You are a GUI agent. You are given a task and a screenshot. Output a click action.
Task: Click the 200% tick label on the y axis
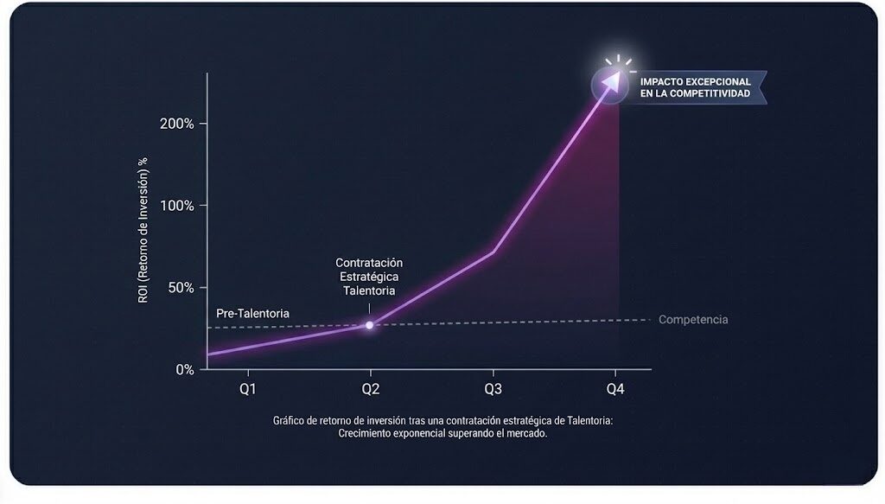[x=177, y=124]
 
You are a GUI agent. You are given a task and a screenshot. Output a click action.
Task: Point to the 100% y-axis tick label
[x=177, y=206]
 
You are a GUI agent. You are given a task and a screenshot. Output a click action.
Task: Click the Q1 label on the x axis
[x=247, y=389]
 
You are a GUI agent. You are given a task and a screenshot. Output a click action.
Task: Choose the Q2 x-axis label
[x=370, y=389]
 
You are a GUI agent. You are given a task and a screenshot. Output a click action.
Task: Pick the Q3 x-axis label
[x=493, y=389]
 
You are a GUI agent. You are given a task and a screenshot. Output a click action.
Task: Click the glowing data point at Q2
[x=370, y=325]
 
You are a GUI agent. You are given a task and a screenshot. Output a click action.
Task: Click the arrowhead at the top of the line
[x=613, y=80]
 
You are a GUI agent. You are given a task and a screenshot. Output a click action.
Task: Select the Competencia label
[x=693, y=320]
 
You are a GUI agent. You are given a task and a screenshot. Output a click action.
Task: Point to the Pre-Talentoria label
[x=252, y=313]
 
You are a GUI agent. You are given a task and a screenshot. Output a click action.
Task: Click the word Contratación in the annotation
[x=369, y=263]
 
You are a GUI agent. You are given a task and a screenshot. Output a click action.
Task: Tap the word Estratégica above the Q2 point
[x=369, y=277]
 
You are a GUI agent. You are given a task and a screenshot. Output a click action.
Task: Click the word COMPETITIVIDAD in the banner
[x=714, y=93]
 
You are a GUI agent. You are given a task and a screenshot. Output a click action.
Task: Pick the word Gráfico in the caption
[x=291, y=421]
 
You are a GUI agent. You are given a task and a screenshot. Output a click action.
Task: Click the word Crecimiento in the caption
[x=369, y=434]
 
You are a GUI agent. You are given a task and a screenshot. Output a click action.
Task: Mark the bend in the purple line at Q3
[x=493, y=252]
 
